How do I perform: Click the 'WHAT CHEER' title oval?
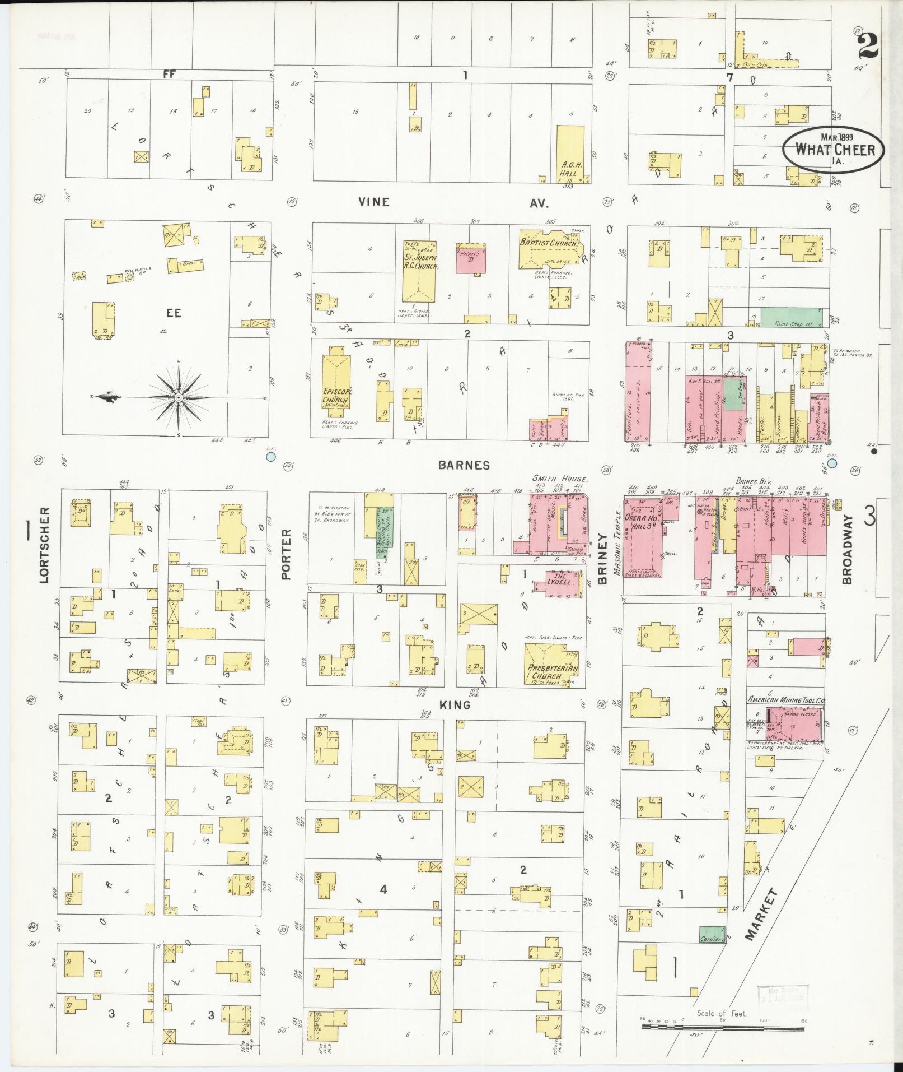tap(834, 150)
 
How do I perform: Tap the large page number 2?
tap(868, 44)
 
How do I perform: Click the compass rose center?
tap(178, 397)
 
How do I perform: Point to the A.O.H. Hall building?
tap(570, 154)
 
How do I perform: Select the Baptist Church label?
tap(548, 243)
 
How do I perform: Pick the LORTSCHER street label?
tap(45, 545)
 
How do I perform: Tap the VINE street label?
tap(373, 202)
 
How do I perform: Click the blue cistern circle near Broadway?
tap(832, 463)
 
